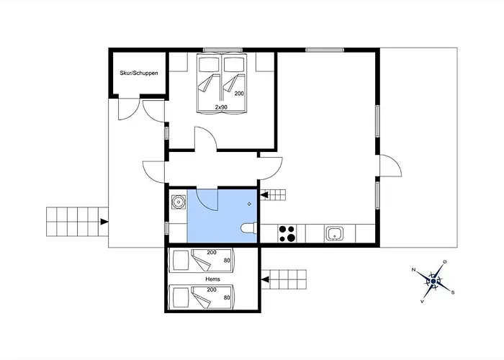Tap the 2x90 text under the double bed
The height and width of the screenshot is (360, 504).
222,107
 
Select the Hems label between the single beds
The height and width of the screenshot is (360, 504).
212,279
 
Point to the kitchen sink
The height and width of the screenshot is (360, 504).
335,233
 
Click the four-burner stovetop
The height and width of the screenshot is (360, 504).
287,233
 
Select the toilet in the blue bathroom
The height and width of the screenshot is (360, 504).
248,230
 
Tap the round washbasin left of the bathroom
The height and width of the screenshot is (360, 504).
177,203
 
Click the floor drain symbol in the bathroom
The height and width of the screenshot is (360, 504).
249,204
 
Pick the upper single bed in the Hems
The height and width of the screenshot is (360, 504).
200,260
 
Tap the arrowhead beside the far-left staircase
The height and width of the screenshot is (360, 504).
105,221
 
